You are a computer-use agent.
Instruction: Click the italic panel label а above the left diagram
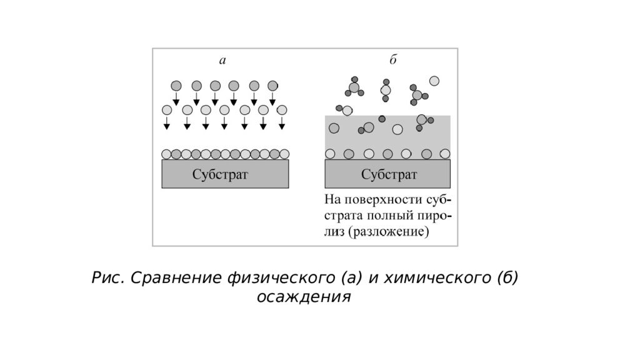(222, 61)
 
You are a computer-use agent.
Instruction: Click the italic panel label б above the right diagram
(392, 59)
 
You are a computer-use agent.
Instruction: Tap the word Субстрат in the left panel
(220, 175)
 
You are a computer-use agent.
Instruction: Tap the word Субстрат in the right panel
(389, 175)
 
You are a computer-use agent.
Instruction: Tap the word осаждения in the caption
(304, 297)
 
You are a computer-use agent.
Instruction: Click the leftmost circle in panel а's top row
(176, 86)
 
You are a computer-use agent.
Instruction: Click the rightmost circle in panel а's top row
(272, 86)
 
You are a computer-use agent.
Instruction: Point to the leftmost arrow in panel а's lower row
(166, 123)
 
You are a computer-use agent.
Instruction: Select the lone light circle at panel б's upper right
(434, 81)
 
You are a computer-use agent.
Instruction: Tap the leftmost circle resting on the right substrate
(330, 154)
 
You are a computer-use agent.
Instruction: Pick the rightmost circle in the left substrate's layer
(284, 154)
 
